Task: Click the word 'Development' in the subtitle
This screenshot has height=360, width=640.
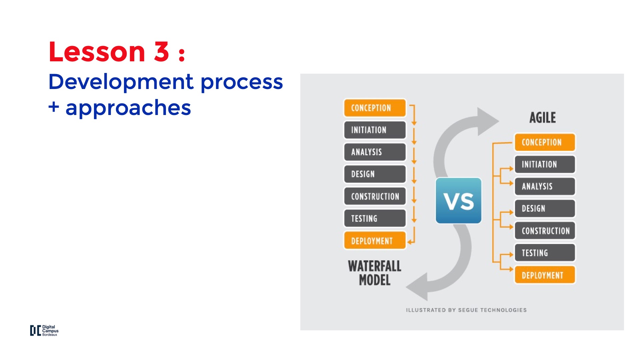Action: (x=121, y=82)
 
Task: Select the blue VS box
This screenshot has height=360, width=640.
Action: (x=458, y=201)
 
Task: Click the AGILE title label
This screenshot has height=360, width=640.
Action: (x=542, y=118)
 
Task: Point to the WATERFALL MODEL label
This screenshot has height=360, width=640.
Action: (x=374, y=273)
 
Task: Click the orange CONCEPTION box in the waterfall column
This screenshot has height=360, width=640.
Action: (x=375, y=108)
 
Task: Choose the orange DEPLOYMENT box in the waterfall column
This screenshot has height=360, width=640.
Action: (x=375, y=241)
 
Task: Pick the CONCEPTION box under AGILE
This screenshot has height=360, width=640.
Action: (x=545, y=142)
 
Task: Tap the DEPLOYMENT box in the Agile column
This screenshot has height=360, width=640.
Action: (x=545, y=275)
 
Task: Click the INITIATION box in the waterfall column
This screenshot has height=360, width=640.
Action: (x=375, y=130)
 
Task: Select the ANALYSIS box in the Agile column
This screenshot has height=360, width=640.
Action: (x=545, y=186)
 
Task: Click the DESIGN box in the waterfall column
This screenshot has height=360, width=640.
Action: (x=375, y=174)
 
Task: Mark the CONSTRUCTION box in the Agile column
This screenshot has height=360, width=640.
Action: (x=545, y=231)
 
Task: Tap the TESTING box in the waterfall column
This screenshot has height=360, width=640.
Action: (x=375, y=218)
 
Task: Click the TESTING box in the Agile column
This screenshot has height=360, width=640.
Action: (x=545, y=253)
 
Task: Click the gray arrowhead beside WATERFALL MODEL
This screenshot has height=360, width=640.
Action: (x=419, y=287)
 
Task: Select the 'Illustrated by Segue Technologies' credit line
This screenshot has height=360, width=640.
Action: (x=466, y=310)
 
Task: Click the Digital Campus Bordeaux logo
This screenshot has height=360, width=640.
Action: (x=44, y=330)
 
